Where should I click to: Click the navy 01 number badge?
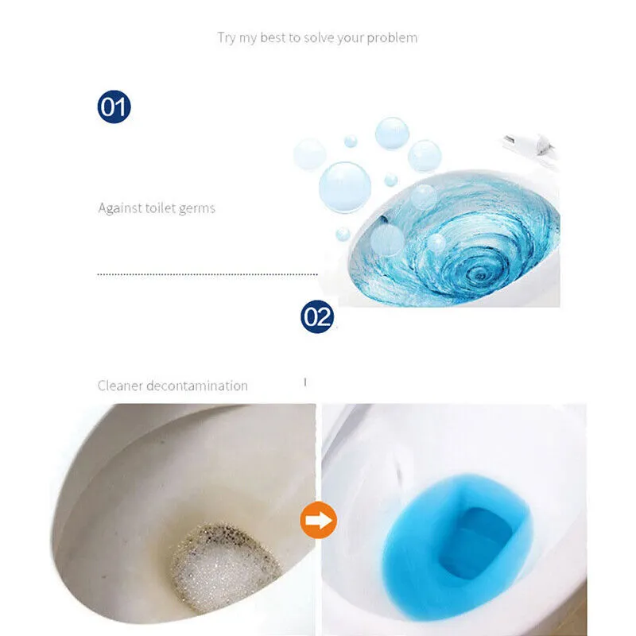[x=114, y=107]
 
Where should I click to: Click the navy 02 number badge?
[x=317, y=316]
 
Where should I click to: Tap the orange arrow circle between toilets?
[x=319, y=520]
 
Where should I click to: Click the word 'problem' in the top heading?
[x=392, y=38]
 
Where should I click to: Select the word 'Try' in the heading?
[x=227, y=38]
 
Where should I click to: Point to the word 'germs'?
[x=196, y=209]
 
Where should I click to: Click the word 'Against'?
[x=120, y=208]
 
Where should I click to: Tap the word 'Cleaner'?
[x=120, y=386]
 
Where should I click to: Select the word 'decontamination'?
[x=197, y=386]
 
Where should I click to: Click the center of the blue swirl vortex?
[x=481, y=276]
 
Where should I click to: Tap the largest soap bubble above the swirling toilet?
[x=345, y=187]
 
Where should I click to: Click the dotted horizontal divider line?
[x=207, y=274]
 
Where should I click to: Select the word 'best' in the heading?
[x=273, y=37]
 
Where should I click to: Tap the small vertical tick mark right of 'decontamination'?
[x=305, y=382]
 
